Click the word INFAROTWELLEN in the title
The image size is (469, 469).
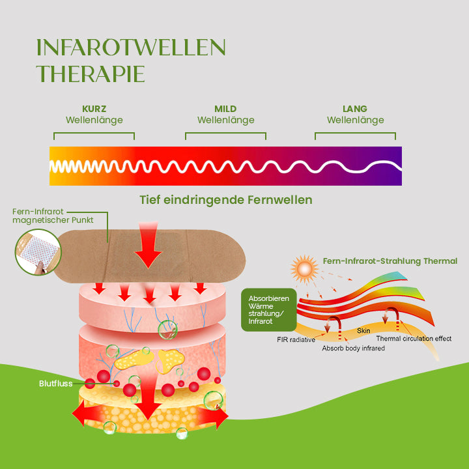(131, 48)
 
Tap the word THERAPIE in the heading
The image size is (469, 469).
(91, 74)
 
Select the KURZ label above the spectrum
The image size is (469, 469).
(94, 109)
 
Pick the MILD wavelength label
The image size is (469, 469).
(225, 109)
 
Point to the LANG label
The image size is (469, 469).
(355, 109)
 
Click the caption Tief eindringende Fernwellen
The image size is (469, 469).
(226, 200)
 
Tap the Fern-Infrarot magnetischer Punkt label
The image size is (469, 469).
(53, 216)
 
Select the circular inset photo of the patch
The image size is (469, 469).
(38, 252)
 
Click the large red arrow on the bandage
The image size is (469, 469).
(148, 245)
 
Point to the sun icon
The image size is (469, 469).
(304, 269)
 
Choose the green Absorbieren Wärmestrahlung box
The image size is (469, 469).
(269, 309)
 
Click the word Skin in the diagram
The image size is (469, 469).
(363, 330)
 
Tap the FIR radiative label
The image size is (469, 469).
(296, 339)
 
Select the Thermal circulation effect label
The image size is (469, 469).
(414, 339)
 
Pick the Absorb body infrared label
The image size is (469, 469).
(353, 348)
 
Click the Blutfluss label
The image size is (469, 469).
(55, 384)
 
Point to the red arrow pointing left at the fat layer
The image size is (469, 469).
(87, 414)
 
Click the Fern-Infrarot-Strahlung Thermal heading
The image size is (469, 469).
(390, 261)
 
